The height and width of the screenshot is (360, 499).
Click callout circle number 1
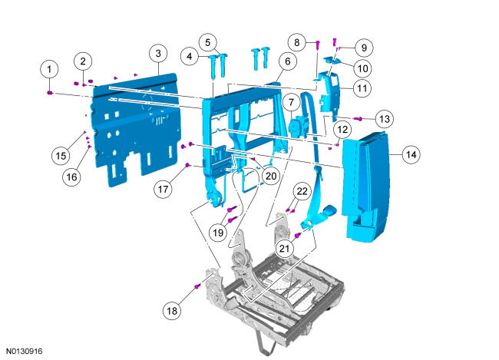pyautogui.click(x=49, y=69)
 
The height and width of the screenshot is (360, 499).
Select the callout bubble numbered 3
pyautogui.click(x=158, y=53)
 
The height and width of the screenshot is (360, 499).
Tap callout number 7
pyautogui.click(x=291, y=103)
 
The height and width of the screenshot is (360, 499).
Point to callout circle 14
pyautogui.click(x=411, y=155)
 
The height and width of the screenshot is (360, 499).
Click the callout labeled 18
pyautogui.click(x=172, y=310)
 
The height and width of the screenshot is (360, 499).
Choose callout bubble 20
pyautogui.click(x=271, y=176)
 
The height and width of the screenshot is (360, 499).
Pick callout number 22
pyautogui.click(x=302, y=191)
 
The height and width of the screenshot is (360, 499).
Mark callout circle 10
pyautogui.click(x=363, y=68)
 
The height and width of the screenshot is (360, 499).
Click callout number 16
pyautogui.click(x=71, y=177)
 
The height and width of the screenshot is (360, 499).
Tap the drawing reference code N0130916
pyautogui.click(x=25, y=351)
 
